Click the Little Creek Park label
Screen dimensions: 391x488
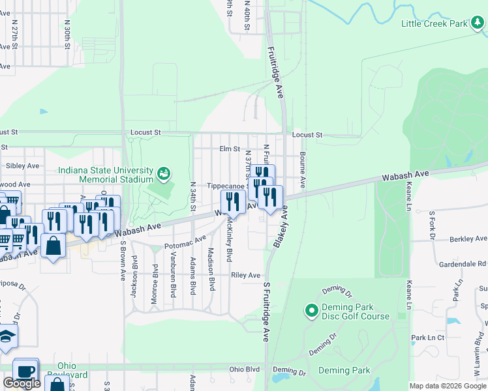tap(435, 23)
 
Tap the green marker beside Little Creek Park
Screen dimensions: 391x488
tap(478, 23)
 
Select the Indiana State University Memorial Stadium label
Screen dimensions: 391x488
tap(105, 175)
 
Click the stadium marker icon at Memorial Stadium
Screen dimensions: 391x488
tap(163, 174)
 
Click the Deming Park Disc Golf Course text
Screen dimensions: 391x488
tap(355, 311)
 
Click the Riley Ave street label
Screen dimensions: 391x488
tap(245, 276)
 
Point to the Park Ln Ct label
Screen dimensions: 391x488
tap(427, 338)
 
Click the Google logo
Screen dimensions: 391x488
tap(22, 383)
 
